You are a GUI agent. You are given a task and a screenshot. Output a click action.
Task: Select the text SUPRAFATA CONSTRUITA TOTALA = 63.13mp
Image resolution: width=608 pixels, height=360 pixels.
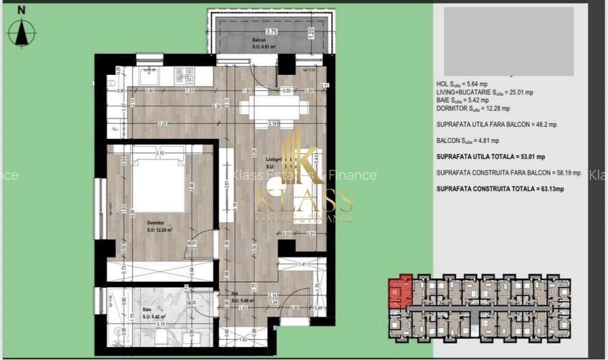[x=500, y=188]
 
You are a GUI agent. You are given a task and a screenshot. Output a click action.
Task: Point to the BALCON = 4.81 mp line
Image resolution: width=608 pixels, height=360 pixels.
[x=468, y=140]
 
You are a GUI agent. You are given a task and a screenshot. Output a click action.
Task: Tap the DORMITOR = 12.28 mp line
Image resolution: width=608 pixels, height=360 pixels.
[x=473, y=108]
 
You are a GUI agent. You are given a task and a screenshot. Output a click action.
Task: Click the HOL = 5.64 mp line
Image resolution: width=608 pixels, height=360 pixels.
[x=466, y=84]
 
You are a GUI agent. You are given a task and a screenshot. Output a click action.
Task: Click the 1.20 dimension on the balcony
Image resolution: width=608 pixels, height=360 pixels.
[x=309, y=33]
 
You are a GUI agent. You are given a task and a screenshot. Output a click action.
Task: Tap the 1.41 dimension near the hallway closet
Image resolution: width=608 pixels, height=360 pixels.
[x=303, y=265]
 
